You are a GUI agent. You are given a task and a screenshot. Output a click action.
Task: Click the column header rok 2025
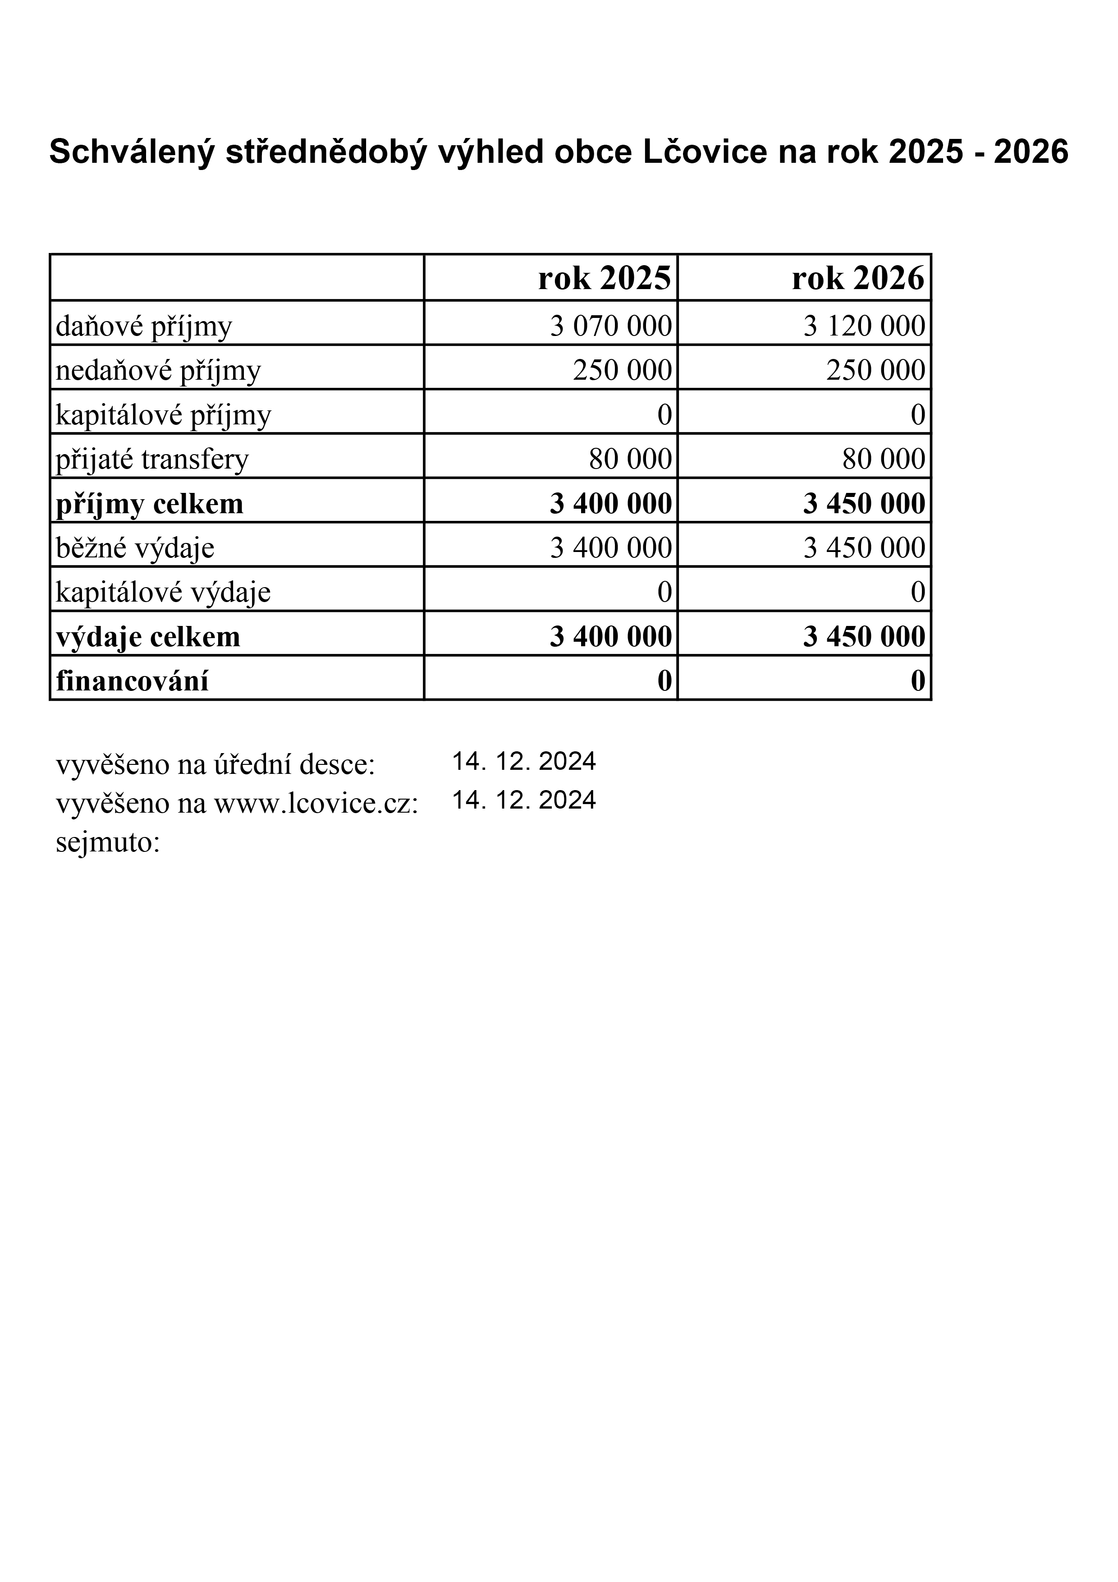[604, 278]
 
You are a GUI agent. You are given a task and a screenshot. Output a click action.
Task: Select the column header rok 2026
[857, 278]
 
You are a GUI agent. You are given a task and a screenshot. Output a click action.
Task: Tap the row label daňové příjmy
[144, 327]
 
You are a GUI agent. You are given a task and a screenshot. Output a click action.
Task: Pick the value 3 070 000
[610, 326]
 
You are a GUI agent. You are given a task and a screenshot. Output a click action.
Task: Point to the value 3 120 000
[864, 326]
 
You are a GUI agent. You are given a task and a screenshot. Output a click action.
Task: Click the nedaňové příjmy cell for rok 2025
[622, 370]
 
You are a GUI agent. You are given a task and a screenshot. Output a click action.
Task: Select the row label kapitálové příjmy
[163, 415]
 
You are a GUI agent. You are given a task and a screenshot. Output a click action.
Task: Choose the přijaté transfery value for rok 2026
[883, 459]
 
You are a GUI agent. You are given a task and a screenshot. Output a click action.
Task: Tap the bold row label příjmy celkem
[150, 504]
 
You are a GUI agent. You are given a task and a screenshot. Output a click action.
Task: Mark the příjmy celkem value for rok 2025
[610, 504]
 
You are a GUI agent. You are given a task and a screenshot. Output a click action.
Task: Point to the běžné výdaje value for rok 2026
[864, 548]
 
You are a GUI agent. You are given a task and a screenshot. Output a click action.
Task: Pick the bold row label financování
[132, 681]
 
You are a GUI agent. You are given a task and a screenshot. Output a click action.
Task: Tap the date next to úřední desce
[523, 761]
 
